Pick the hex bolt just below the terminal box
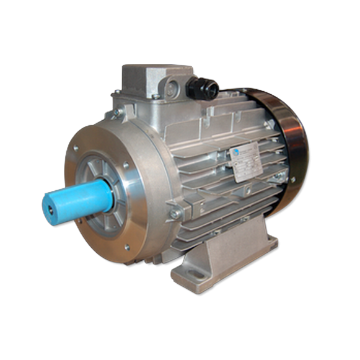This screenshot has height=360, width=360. [x=116, y=113]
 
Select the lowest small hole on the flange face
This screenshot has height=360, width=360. [x=126, y=247]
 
